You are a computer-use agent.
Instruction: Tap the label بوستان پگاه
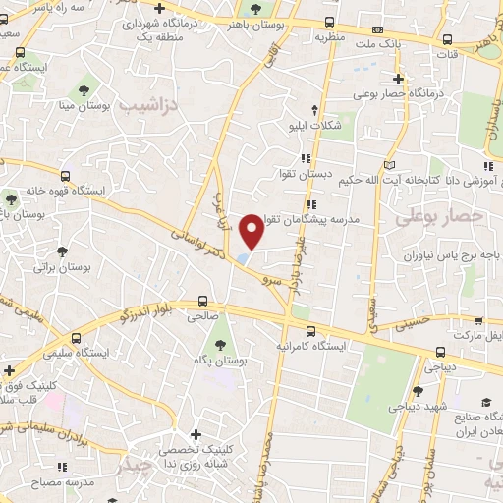[218, 363]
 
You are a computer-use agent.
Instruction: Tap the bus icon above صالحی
[203, 302]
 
